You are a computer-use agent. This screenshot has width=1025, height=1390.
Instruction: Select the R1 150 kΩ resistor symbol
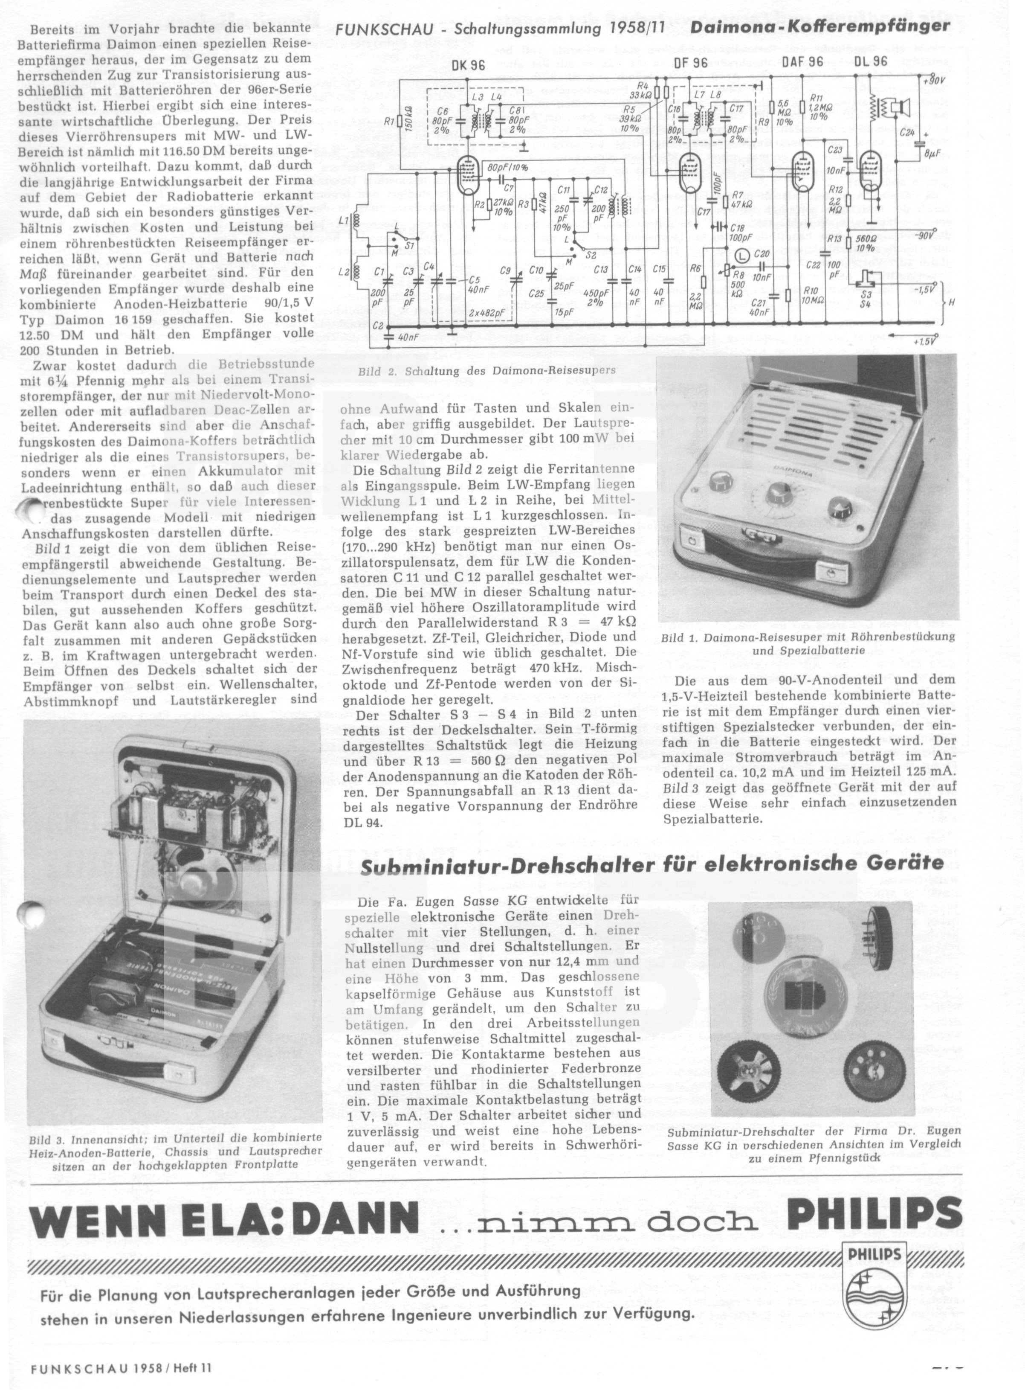pos(399,121)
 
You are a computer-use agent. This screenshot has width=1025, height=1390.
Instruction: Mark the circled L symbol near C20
pos(740,255)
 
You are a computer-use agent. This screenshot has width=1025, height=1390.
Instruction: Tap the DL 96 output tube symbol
pos(872,168)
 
